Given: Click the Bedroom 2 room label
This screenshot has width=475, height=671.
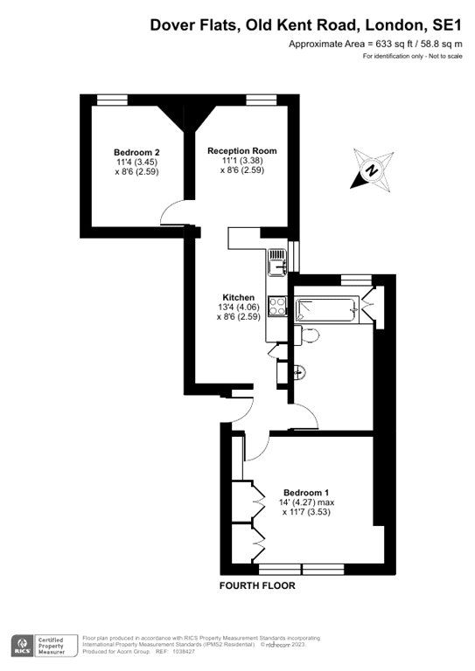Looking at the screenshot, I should pos(136,151).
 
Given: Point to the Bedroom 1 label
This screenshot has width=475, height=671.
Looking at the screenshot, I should pos(308,492).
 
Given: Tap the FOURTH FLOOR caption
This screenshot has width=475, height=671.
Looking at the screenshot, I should pos(257,585).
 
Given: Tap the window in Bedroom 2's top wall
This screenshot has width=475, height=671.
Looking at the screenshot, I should pos(110,99).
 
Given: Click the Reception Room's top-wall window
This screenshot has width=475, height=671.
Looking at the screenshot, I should pos(258,99).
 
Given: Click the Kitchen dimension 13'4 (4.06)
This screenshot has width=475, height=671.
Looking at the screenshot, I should pos(238,308).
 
